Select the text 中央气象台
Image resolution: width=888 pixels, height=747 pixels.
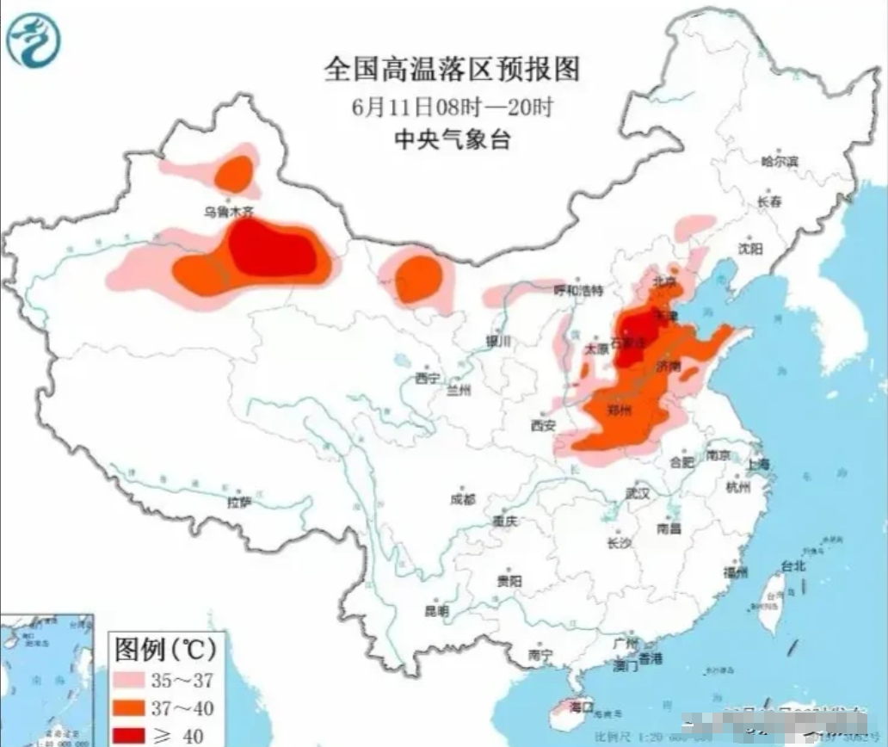[452, 139]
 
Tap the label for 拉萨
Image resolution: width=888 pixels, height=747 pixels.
[238, 502]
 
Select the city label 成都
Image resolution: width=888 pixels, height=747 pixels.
[462, 498]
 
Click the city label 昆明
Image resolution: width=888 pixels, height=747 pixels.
[436, 611]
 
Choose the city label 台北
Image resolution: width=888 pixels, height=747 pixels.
[792, 565]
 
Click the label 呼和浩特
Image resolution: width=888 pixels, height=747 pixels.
[578, 290]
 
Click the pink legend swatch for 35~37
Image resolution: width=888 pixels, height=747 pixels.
[135, 681]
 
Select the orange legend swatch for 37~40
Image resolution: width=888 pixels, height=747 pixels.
[135, 708]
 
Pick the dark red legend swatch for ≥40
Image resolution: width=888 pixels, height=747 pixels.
[135, 735]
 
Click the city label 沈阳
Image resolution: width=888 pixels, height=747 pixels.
[749, 249]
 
